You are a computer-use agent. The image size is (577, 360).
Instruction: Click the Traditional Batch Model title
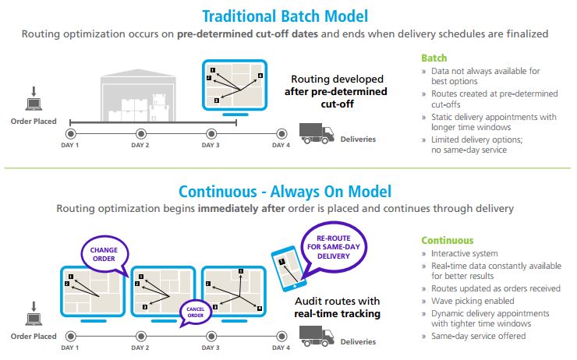point(285,16)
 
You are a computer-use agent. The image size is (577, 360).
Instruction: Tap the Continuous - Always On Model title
point(285,192)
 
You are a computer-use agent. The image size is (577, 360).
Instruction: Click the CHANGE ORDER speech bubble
point(104,254)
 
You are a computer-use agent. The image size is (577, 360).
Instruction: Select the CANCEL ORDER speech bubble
point(196,312)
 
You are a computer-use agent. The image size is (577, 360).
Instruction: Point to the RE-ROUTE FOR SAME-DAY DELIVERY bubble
point(334,247)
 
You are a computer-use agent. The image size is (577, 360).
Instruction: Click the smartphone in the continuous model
point(288,268)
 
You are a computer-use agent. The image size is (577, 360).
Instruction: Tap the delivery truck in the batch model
point(317,133)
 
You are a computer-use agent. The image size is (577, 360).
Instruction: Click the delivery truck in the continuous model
point(317,336)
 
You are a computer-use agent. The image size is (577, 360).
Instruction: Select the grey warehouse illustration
point(138,96)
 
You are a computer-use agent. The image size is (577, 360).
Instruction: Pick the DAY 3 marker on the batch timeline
point(211,133)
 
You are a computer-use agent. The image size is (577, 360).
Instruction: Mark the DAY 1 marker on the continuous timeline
point(71,336)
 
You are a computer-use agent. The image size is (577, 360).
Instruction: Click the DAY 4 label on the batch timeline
point(281,145)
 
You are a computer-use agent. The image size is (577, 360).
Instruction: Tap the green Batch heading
point(434,58)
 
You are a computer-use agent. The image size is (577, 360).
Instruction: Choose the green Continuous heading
point(448,241)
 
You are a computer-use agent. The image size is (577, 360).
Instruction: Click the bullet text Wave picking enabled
point(473,301)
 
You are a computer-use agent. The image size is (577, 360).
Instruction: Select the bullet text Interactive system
point(465,254)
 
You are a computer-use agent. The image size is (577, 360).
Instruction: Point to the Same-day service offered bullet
point(479,336)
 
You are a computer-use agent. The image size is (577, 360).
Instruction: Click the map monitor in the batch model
point(235,87)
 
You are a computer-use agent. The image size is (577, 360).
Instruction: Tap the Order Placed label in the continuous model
point(34,337)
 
